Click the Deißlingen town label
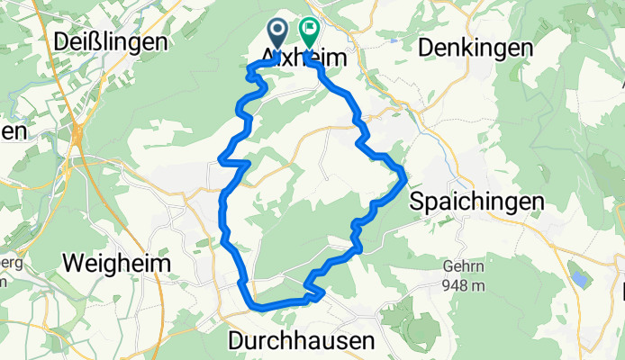click(110, 41)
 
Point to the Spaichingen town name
click(476, 201)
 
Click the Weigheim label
click(116, 262)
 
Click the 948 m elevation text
click(464, 286)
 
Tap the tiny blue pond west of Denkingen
click(394, 40)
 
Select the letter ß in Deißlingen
click(102, 41)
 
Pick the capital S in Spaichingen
click(417, 201)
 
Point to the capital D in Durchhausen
click(237, 341)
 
